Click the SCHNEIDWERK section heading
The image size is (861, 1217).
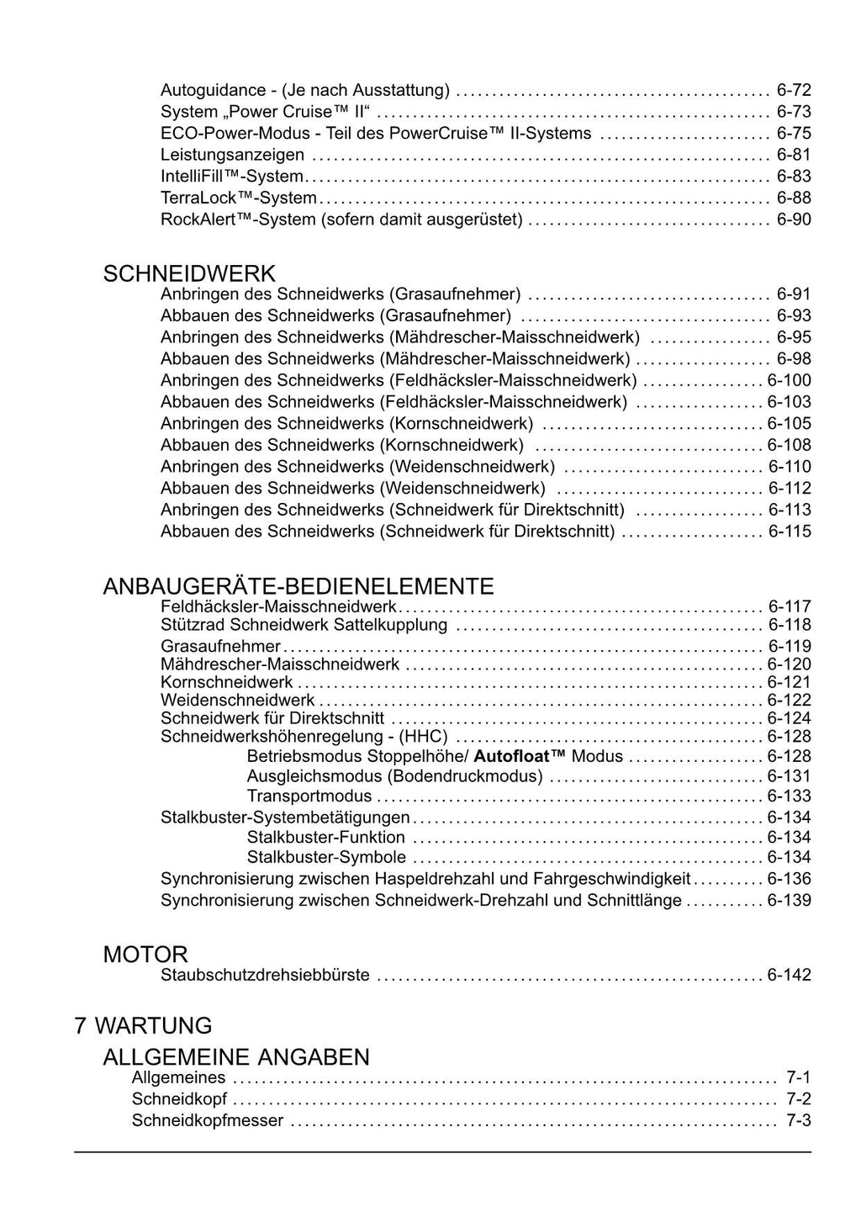188,273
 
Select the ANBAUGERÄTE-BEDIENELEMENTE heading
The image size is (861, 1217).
298,586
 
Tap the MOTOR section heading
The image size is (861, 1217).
145,955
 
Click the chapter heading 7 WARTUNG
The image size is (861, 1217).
143,1025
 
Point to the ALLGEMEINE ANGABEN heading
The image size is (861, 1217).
236,1056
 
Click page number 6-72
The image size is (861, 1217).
794,90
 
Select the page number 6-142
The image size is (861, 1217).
789,976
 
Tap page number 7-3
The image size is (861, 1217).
798,1120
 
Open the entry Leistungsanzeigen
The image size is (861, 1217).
232,155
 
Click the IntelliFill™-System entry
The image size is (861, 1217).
231,177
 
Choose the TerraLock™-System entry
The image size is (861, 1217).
238,198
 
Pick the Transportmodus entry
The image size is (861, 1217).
309,796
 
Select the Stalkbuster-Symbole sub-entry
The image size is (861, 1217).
326,858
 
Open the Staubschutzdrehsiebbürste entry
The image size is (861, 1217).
265,976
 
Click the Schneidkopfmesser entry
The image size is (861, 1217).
208,1120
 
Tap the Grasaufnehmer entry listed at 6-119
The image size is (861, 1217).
220,646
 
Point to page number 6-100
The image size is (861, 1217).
789,380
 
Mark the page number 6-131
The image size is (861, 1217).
789,776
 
